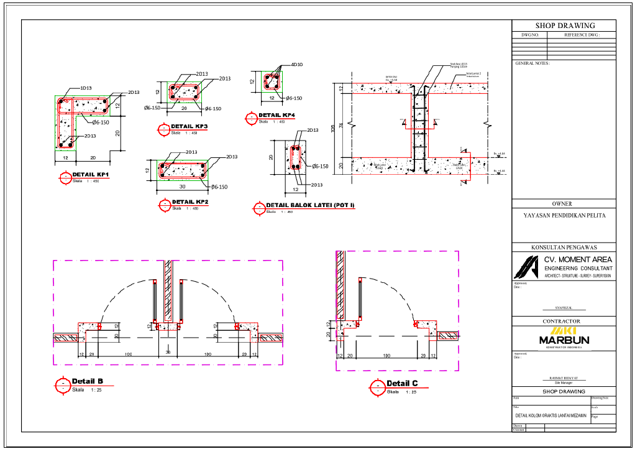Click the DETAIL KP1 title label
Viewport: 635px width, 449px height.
[x=91, y=175]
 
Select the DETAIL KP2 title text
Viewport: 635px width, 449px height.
[x=190, y=202]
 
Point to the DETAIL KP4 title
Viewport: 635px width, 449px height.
[x=276, y=116]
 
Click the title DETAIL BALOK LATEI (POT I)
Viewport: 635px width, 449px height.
[x=310, y=205]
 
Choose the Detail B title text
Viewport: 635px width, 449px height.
[x=87, y=381]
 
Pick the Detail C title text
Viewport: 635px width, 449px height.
[x=402, y=383]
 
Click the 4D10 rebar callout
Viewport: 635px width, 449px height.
[x=296, y=64]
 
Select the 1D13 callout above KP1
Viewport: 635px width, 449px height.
[x=86, y=88]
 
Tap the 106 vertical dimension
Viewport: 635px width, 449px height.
[x=333, y=128]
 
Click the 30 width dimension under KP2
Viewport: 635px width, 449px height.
[x=183, y=187]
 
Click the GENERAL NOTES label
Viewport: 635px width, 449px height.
[x=532, y=63]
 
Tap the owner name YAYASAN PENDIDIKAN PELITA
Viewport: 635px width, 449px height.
[x=564, y=216]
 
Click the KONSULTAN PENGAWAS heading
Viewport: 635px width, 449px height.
[x=564, y=248]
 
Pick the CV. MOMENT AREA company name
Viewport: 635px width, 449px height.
[x=578, y=259]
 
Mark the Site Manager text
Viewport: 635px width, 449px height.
[x=564, y=382]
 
